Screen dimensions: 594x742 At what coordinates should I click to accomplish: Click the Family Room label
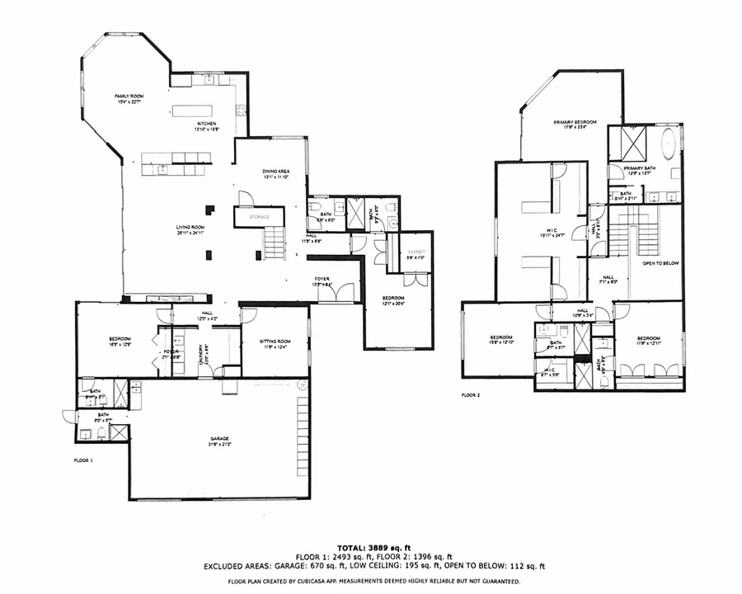coord(129,97)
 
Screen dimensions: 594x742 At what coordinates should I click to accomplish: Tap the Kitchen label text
coord(183,123)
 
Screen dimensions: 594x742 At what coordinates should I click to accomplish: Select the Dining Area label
coord(278,172)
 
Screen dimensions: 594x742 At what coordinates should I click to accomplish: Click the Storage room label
coord(259,216)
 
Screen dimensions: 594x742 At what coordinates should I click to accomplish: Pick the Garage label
coord(218,439)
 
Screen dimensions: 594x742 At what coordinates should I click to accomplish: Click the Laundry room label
coord(200,354)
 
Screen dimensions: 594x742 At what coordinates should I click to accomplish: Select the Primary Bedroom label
coord(575,122)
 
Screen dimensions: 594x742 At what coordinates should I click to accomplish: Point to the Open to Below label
coord(660,265)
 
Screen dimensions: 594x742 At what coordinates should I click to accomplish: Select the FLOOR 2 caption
coord(471,396)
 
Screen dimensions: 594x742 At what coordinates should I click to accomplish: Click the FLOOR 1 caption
coord(83,459)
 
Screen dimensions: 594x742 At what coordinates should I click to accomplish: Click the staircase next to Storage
coord(275,244)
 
